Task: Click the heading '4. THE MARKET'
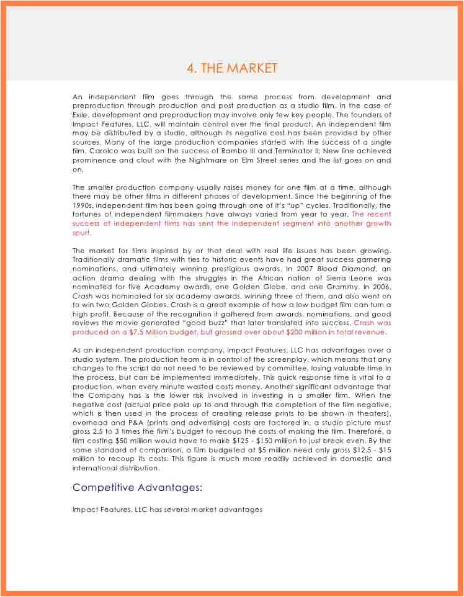click(x=232, y=68)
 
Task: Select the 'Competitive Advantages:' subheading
click(x=138, y=487)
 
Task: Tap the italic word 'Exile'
click(x=80, y=115)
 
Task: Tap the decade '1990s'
click(x=84, y=205)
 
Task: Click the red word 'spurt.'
click(x=82, y=233)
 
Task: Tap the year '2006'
click(x=380, y=287)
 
